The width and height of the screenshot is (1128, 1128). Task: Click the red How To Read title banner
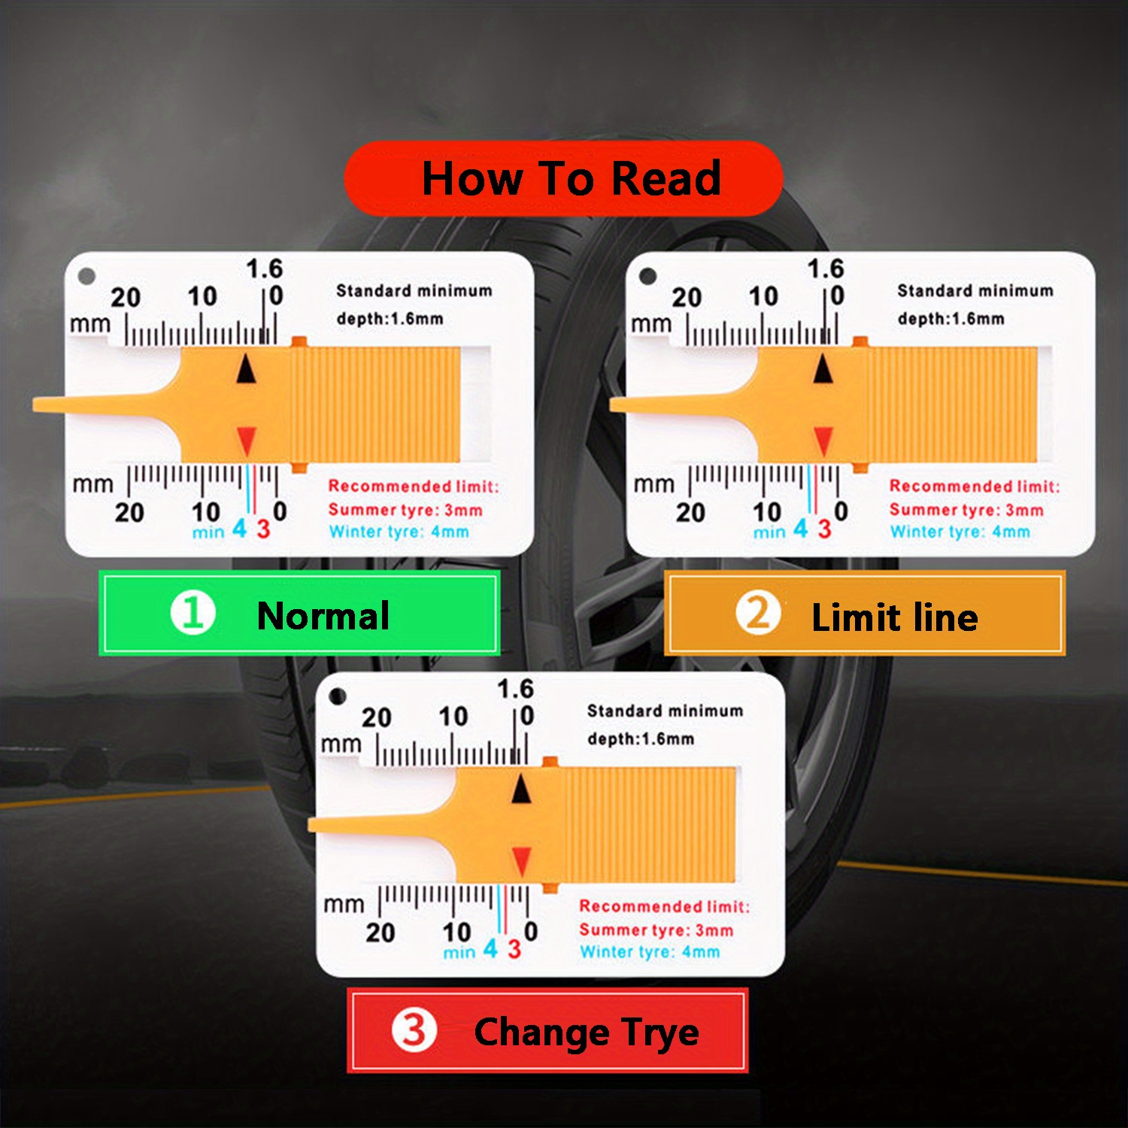563,179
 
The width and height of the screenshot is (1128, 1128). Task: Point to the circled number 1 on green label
193,613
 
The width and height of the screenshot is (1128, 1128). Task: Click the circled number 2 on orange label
757,614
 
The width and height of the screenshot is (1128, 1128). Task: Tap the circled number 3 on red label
414,1030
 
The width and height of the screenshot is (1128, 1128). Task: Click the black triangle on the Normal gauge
247,370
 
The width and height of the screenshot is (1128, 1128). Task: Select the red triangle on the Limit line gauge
823,441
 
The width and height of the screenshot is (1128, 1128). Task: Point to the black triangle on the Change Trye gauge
521,790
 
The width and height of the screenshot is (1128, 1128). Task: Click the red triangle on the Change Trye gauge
521,860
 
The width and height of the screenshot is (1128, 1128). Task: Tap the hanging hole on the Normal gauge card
86,276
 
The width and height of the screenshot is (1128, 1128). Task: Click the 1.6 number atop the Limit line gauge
826,268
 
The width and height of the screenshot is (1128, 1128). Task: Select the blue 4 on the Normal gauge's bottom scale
239,529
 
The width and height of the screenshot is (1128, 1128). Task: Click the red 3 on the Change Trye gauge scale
514,949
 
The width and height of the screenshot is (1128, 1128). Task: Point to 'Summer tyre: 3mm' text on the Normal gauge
405,510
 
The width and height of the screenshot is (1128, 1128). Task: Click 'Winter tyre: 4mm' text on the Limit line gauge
960,532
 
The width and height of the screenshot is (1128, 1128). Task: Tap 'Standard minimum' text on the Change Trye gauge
665,711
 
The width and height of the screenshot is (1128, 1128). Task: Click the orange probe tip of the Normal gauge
45,405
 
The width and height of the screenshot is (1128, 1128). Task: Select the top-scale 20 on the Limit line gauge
687,298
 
